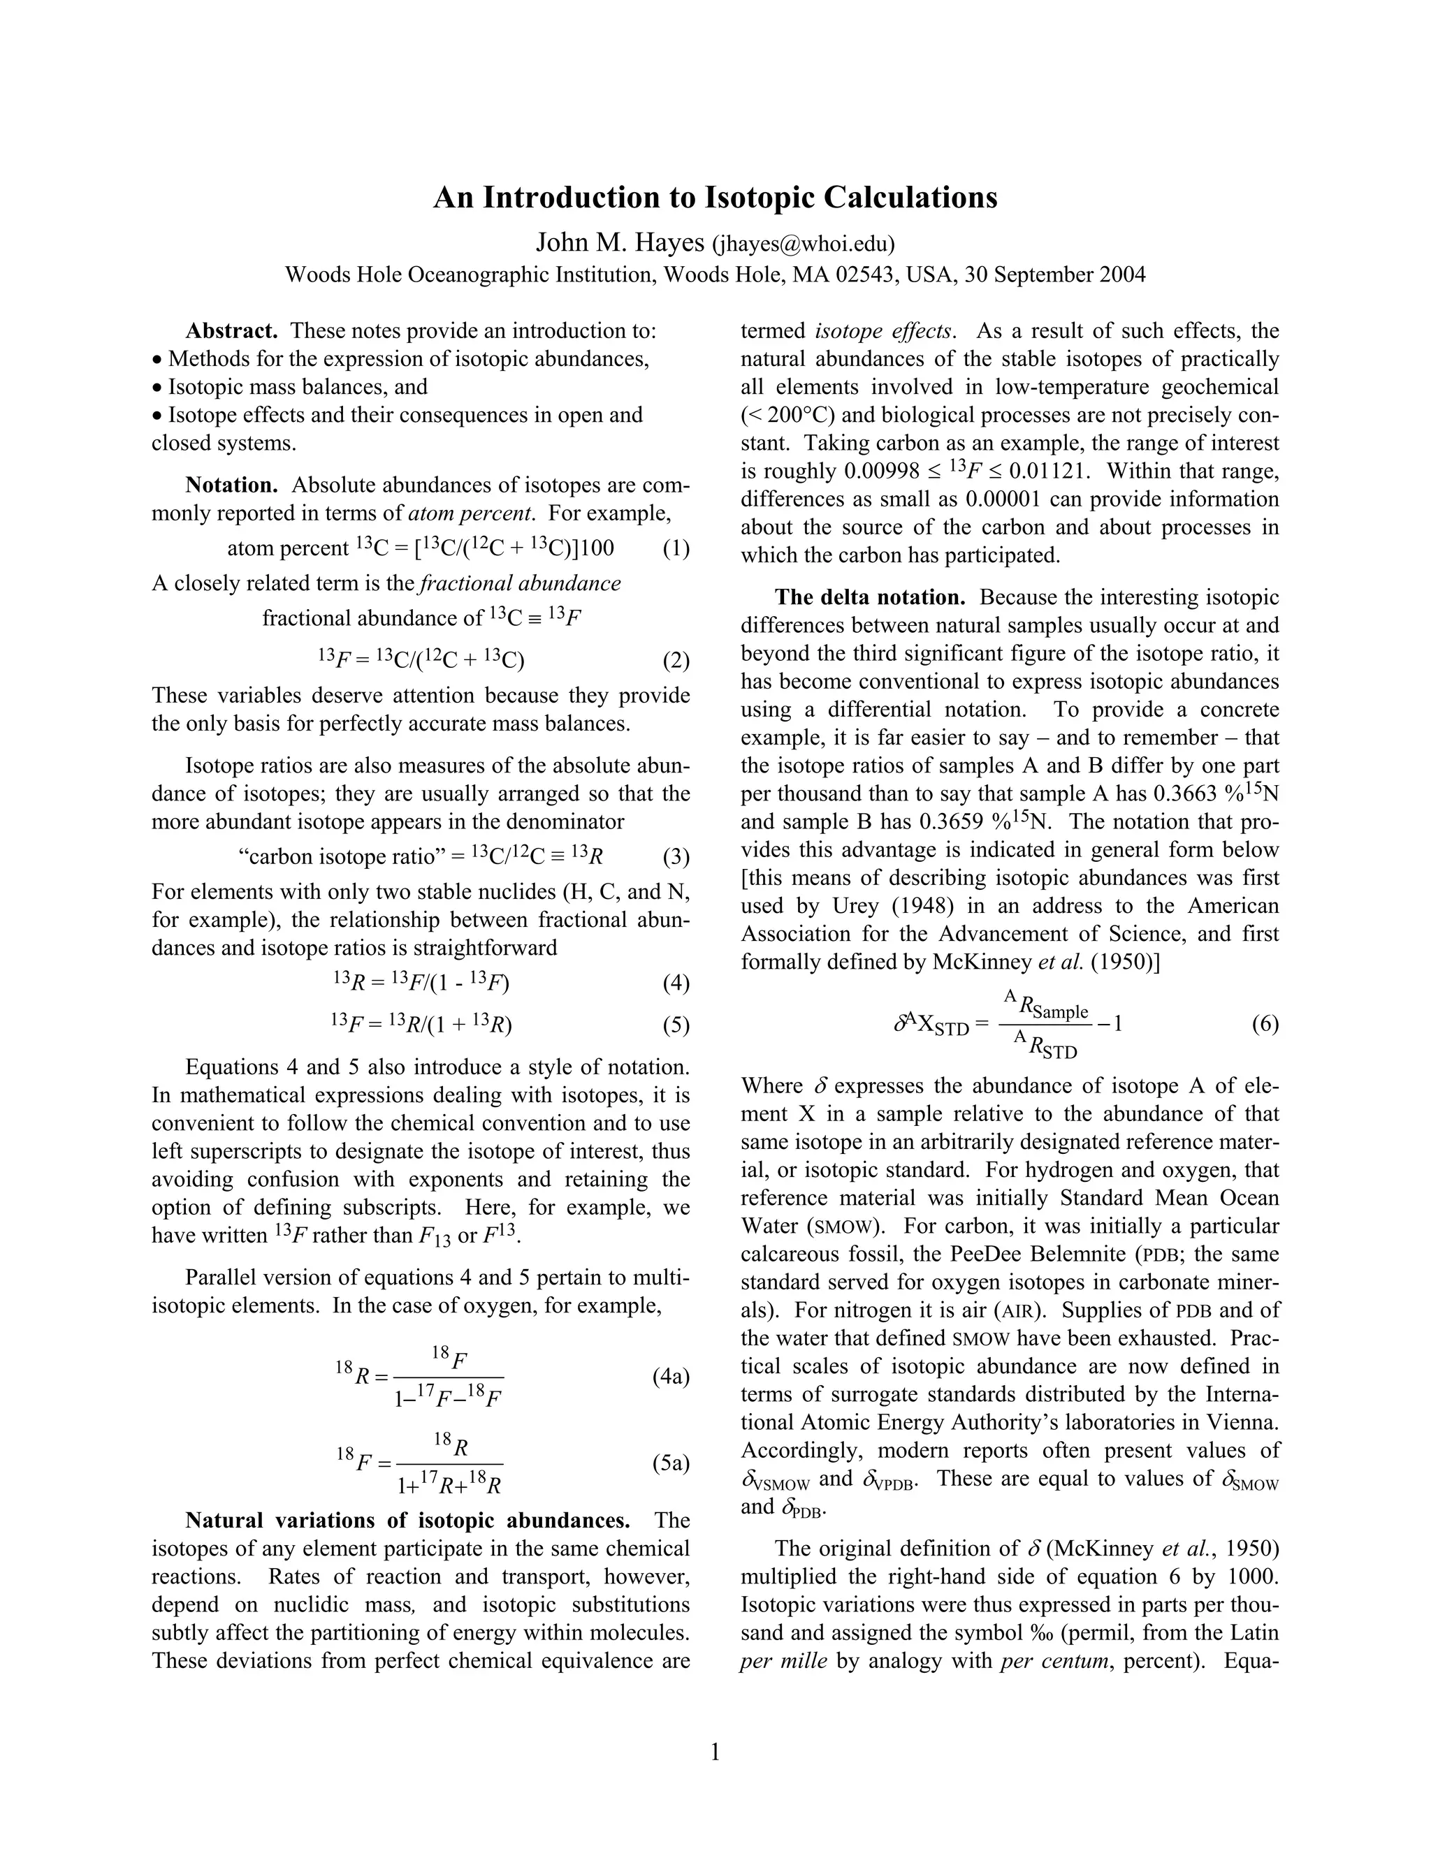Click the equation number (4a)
click(x=671, y=1377)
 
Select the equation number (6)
click(x=1265, y=1024)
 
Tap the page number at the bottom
click(x=715, y=1752)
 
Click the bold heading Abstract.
click(x=231, y=330)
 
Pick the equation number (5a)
click(x=671, y=1463)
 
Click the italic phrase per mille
click(x=783, y=1660)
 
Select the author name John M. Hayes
click(x=620, y=243)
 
